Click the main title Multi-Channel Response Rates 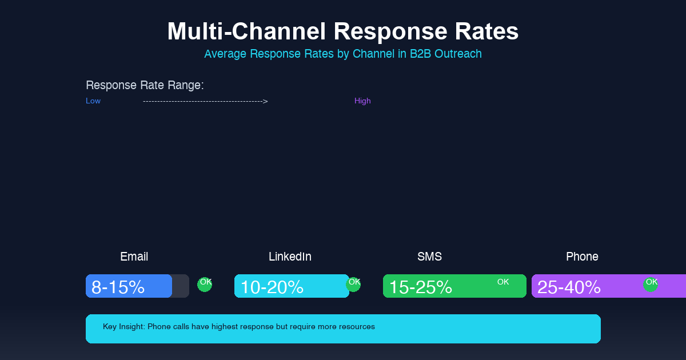click(343, 31)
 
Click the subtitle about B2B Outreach click(343, 54)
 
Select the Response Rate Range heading click(145, 85)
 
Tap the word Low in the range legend click(93, 101)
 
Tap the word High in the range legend click(362, 101)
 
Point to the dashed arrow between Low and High click(205, 101)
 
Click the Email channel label click(134, 257)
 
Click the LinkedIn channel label click(290, 257)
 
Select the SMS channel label click(429, 257)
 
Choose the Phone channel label click(582, 257)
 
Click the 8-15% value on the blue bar click(118, 287)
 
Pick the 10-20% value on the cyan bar click(272, 287)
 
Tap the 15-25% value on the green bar click(420, 287)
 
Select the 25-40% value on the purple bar click(569, 287)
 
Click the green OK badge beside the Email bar click(205, 284)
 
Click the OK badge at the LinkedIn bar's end click(354, 284)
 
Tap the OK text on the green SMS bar click(503, 282)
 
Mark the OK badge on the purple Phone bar click(651, 284)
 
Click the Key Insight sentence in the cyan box click(239, 327)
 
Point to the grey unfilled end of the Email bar click(181, 286)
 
